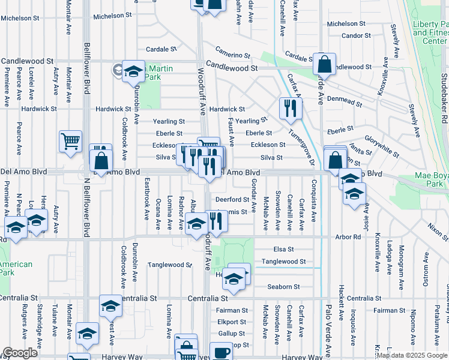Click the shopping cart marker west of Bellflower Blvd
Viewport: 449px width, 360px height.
(70, 142)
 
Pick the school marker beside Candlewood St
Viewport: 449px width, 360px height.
(133, 71)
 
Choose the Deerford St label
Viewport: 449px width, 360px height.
(233, 200)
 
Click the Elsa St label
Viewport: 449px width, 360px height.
(283, 249)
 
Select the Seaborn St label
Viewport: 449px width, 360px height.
(283, 286)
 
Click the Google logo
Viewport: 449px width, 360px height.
(20, 353)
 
